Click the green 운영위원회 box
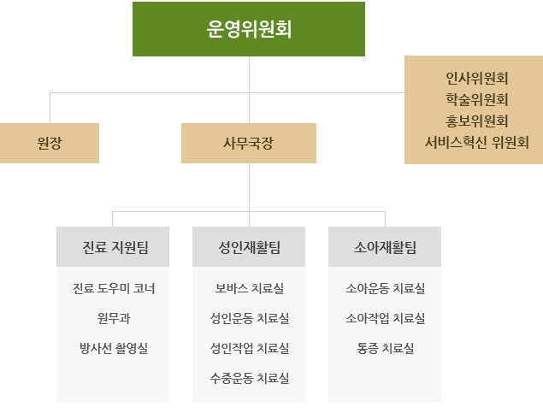tap(249, 29)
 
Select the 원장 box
tap(50, 144)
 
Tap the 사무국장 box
tap(249, 144)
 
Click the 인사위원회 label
tap(477, 78)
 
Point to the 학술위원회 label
tap(477, 99)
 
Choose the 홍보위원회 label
tap(477, 121)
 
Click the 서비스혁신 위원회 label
tap(477, 142)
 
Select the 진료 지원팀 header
tap(113, 247)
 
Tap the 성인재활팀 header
tap(249, 247)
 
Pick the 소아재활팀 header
tap(385, 247)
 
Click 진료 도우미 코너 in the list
tap(113, 288)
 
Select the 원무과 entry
tap(113, 318)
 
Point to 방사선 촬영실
tap(113, 348)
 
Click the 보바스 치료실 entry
tap(249, 288)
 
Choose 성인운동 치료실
tap(249, 318)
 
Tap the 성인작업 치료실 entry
tap(249, 348)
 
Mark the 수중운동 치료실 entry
tap(249, 377)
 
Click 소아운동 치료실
tap(385, 288)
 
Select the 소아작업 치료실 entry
tap(385, 318)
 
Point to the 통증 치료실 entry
tap(385, 348)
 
